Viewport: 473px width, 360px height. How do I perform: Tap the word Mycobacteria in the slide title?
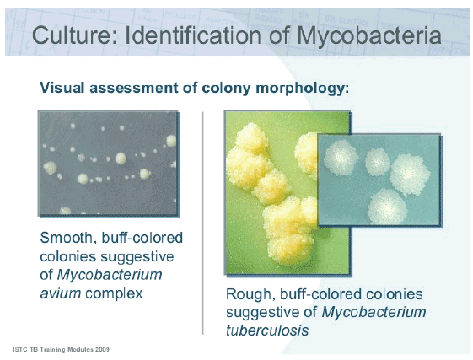pyautogui.click(x=363, y=35)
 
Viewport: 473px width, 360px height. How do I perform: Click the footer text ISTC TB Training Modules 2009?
pyautogui.click(x=61, y=348)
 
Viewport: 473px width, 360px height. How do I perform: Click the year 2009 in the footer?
pyautogui.click(x=100, y=348)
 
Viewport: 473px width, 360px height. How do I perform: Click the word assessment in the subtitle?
pyautogui.click(x=134, y=88)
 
